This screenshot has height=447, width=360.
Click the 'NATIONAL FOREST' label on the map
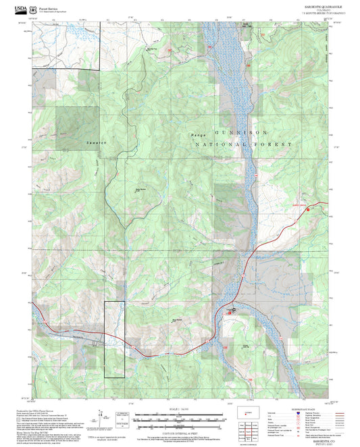click(x=243, y=144)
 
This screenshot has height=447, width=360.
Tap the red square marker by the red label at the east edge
click(x=310, y=210)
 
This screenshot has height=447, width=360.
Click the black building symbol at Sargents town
click(x=233, y=310)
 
